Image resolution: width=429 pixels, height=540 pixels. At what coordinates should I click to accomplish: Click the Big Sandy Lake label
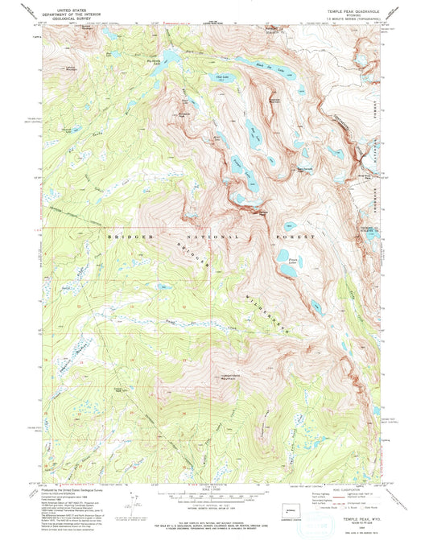click(153, 60)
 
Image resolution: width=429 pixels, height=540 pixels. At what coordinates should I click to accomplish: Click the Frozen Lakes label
click(283, 260)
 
